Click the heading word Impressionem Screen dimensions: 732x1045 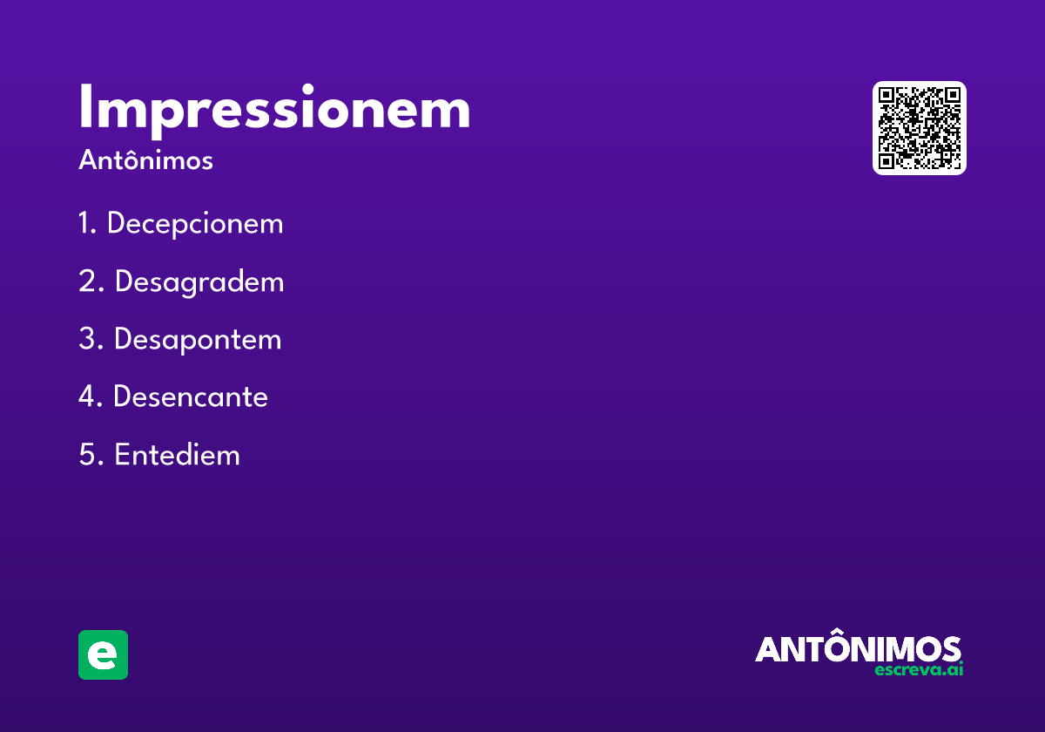click(274, 110)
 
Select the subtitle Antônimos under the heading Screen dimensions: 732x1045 click(145, 160)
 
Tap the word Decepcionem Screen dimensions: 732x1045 click(195, 224)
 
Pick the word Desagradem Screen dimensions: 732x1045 click(199, 281)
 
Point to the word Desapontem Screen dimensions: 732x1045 click(198, 339)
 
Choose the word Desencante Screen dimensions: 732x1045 click(191, 396)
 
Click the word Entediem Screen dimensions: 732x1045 click(177, 455)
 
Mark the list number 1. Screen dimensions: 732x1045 click(85, 224)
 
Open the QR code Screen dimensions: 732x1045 click(920, 128)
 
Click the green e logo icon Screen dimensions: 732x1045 click(103, 654)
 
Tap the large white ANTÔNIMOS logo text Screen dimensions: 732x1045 click(858, 648)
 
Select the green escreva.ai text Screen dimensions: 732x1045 click(919, 670)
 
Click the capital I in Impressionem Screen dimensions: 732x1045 click(86, 110)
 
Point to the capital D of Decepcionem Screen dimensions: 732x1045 click(116, 224)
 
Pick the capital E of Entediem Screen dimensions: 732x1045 click(123, 455)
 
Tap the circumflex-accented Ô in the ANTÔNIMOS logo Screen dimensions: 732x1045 click(839, 646)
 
